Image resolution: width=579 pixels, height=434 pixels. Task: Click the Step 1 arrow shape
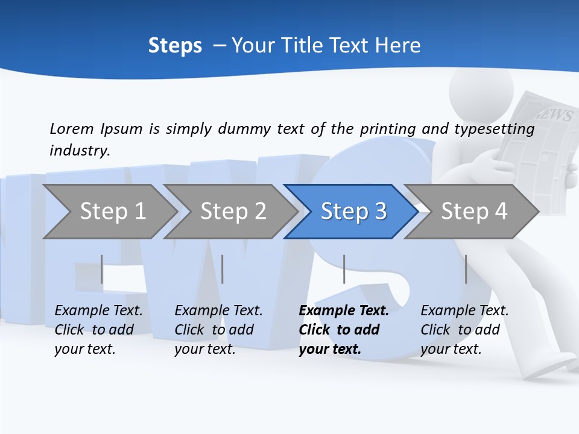[x=111, y=211]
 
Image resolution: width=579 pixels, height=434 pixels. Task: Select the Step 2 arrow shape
[x=232, y=211]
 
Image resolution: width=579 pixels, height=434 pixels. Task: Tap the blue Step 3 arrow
[x=353, y=211]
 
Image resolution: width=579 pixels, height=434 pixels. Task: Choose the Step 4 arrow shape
[x=473, y=211]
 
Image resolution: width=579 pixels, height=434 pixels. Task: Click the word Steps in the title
[x=175, y=45]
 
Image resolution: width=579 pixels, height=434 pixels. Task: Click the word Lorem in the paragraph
[x=72, y=128]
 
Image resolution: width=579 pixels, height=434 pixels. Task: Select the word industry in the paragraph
[x=80, y=150]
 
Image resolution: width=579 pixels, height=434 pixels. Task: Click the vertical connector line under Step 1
[x=102, y=269]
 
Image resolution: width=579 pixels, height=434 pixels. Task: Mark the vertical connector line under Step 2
[x=223, y=269]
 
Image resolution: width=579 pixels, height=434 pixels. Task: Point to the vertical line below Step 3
[x=344, y=269]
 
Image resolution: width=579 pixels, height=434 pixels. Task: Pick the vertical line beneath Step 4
[x=466, y=269]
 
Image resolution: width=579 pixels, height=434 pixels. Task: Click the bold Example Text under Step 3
[x=344, y=311]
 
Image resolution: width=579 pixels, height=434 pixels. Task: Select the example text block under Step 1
[x=98, y=330]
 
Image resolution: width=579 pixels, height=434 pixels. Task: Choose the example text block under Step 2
[x=218, y=330]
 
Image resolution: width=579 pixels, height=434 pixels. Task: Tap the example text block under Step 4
[x=464, y=330]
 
